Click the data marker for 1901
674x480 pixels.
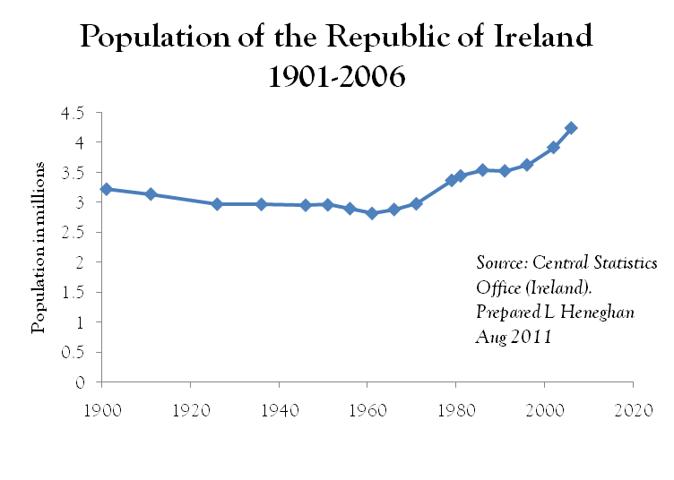(x=106, y=189)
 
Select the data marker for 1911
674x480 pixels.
(x=151, y=194)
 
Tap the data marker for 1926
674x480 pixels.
(x=217, y=204)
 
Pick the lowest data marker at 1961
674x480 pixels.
(x=372, y=213)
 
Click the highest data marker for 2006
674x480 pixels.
(x=571, y=128)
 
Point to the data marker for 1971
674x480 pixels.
(x=416, y=203)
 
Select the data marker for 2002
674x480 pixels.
(x=554, y=148)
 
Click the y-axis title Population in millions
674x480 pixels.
(x=39, y=248)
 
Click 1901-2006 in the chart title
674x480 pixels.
(x=337, y=77)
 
